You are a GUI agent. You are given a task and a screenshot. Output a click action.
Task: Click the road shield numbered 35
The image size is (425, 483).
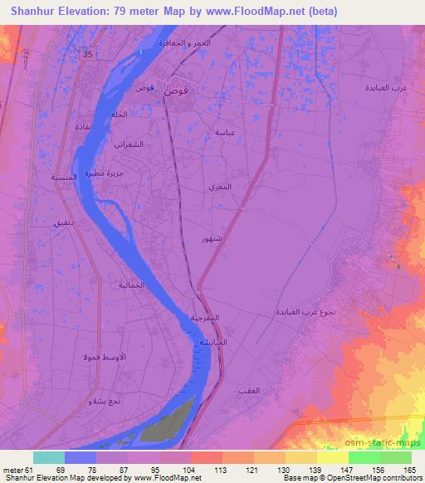[x=89, y=54]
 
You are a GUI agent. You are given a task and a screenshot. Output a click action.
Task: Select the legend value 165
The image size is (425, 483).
[x=409, y=470]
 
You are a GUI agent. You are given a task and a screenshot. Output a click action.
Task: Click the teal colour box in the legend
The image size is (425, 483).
[x=49, y=457]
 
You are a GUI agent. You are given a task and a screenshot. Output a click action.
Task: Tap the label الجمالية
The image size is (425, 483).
[x=134, y=285]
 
